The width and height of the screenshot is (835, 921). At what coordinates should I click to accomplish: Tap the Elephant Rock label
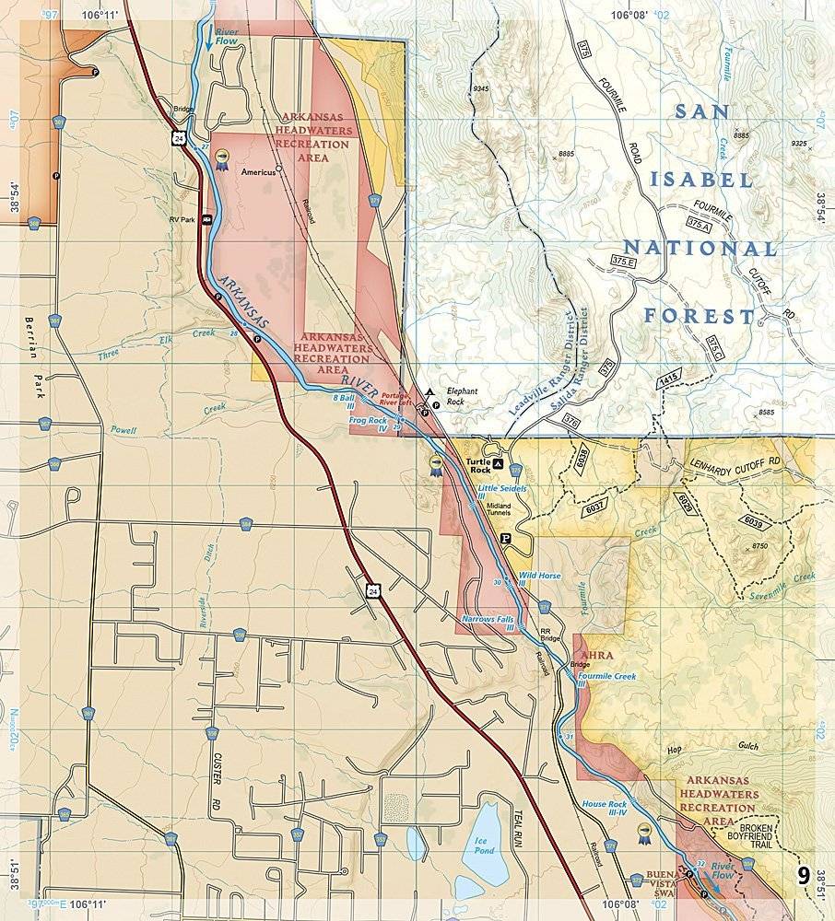461,396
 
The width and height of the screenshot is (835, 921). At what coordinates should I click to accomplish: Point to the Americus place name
259,172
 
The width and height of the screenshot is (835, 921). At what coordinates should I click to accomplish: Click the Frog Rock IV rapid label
370,425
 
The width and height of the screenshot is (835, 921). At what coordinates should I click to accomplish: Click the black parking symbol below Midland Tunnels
504,538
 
